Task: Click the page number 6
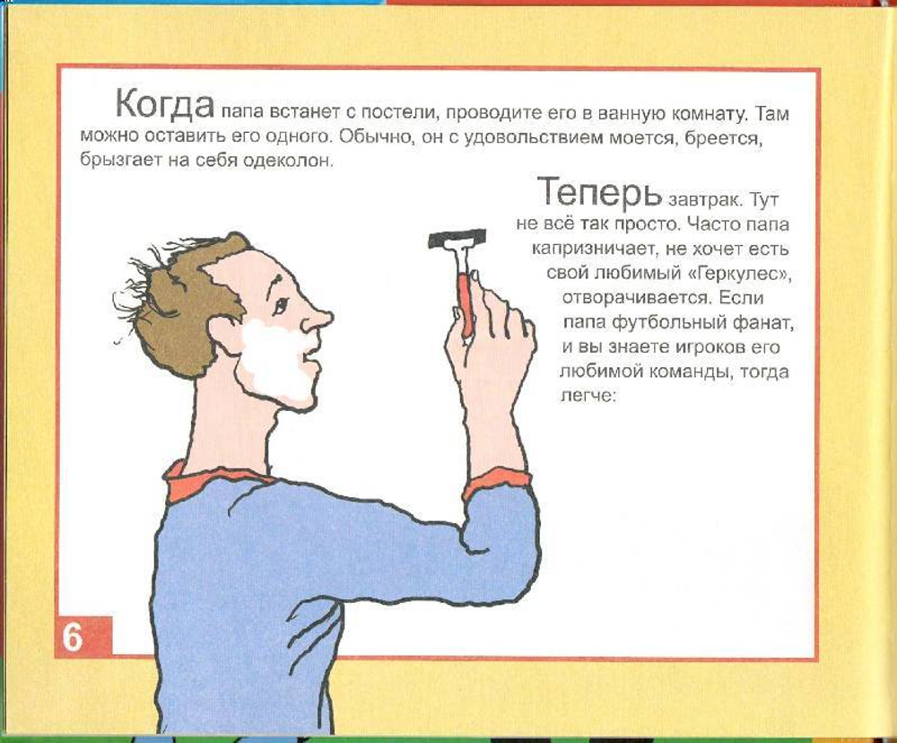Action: point(73,637)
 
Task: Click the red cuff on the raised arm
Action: point(498,483)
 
